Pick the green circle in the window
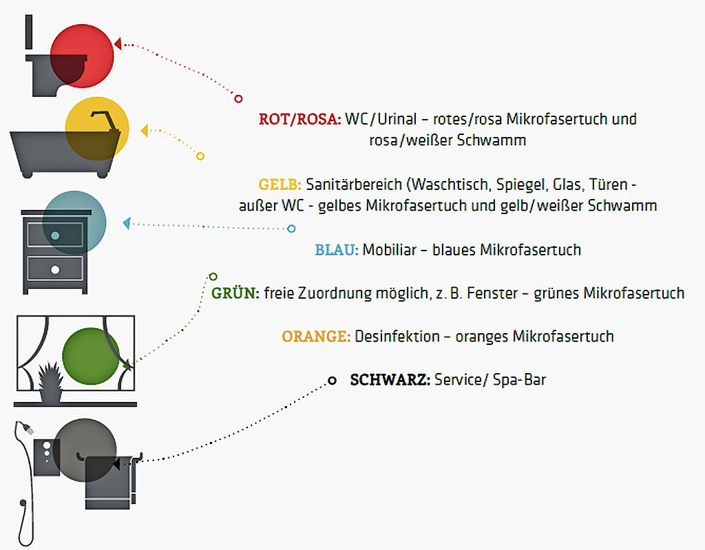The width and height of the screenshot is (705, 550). click(x=91, y=357)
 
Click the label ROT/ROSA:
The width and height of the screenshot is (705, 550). click(x=300, y=119)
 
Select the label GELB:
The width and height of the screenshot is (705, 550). click(x=280, y=184)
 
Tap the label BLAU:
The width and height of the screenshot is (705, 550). click(x=337, y=250)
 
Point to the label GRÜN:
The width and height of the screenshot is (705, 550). click(x=235, y=293)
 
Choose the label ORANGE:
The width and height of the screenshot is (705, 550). click(x=316, y=337)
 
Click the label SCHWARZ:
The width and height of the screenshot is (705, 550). click(x=390, y=379)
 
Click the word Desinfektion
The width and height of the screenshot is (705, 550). click(x=397, y=337)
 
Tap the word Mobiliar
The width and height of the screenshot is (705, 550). click(x=390, y=250)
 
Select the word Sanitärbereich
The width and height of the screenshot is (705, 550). click(x=354, y=184)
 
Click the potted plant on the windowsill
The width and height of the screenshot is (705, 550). click(x=50, y=383)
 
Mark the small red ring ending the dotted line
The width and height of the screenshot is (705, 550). click(x=238, y=98)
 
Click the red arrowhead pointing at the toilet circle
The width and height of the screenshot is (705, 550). click(x=118, y=44)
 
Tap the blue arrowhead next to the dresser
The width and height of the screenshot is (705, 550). click(x=126, y=223)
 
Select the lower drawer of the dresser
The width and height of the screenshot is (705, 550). click(x=54, y=268)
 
